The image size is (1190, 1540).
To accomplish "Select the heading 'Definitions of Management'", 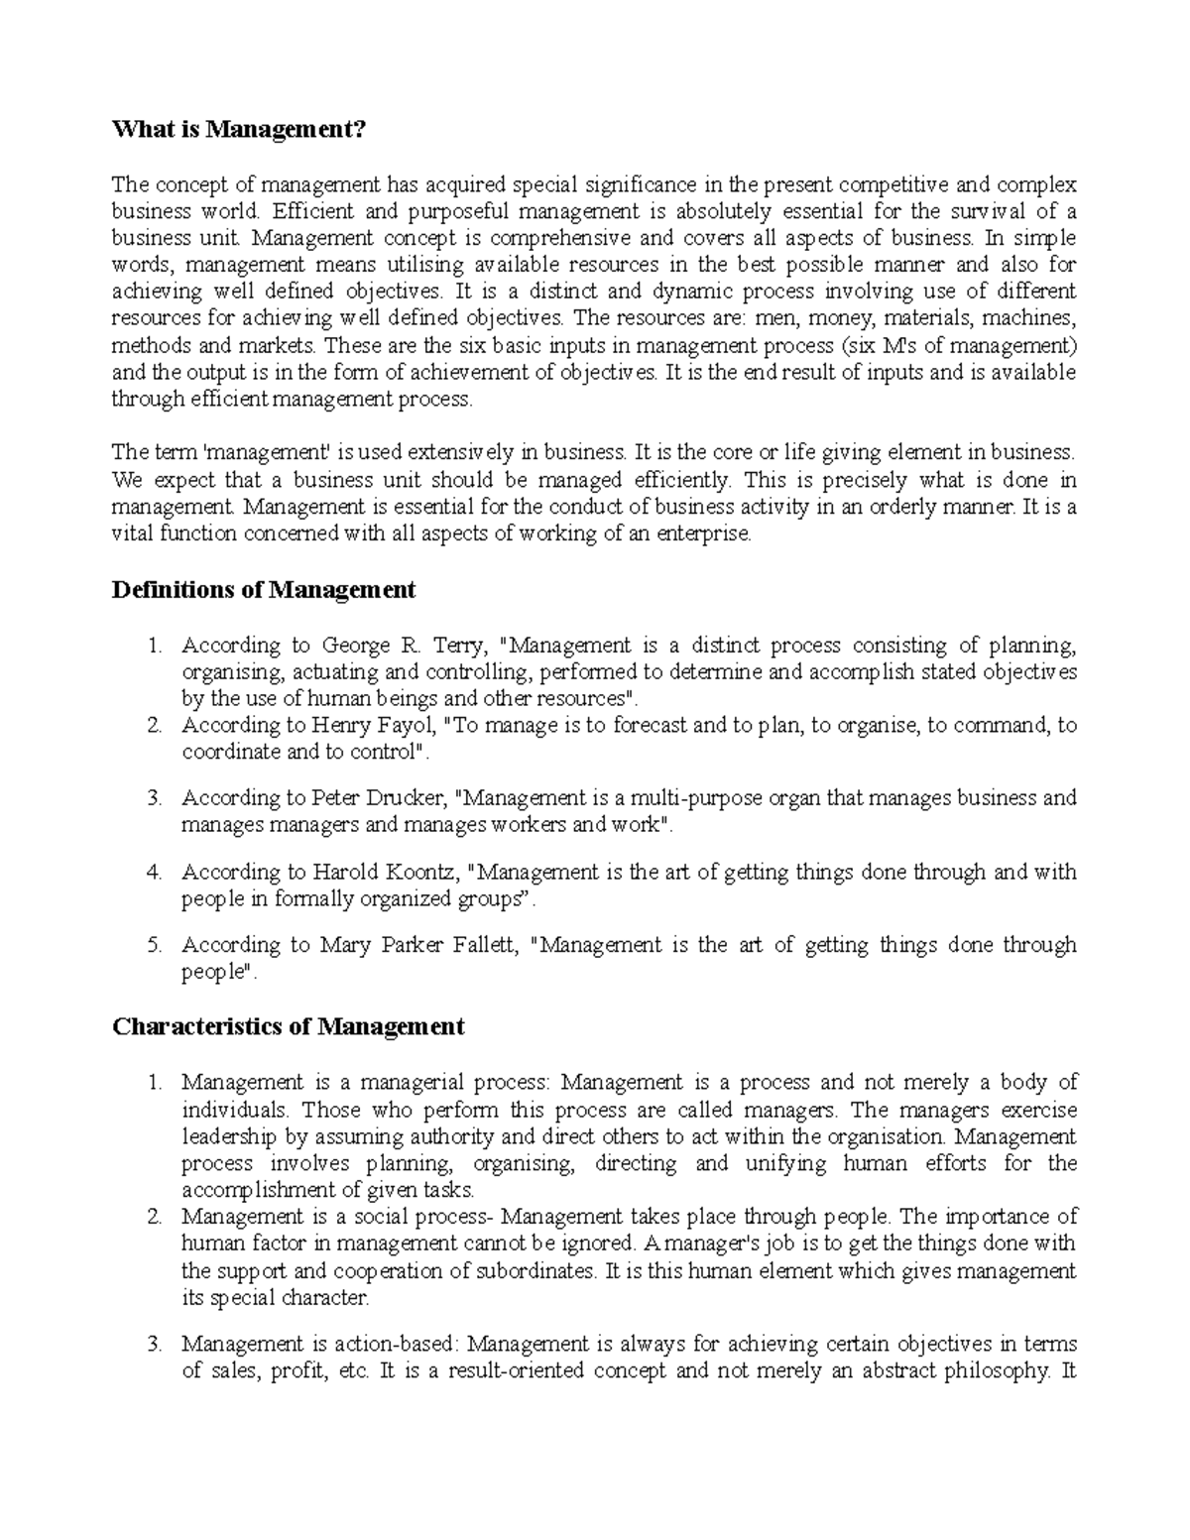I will pyautogui.click(x=263, y=590).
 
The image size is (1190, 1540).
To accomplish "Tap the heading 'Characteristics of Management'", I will pyautogui.click(x=288, y=1026).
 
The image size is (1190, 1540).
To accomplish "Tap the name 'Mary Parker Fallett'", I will pyautogui.click(x=418, y=946).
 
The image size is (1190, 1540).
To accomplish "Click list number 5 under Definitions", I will pyautogui.click(x=154, y=946).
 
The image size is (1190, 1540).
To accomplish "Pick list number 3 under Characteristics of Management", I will pyautogui.click(x=154, y=1346).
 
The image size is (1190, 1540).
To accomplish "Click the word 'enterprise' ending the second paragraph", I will pyautogui.click(x=702, y=534).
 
